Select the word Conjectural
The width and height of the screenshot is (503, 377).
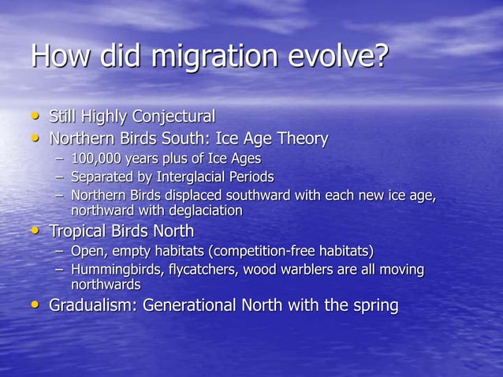click(x=173, y=117)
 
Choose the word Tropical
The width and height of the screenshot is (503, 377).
click(x=80, y=231)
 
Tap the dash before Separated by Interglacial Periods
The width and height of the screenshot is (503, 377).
click(x=60, y=177)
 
